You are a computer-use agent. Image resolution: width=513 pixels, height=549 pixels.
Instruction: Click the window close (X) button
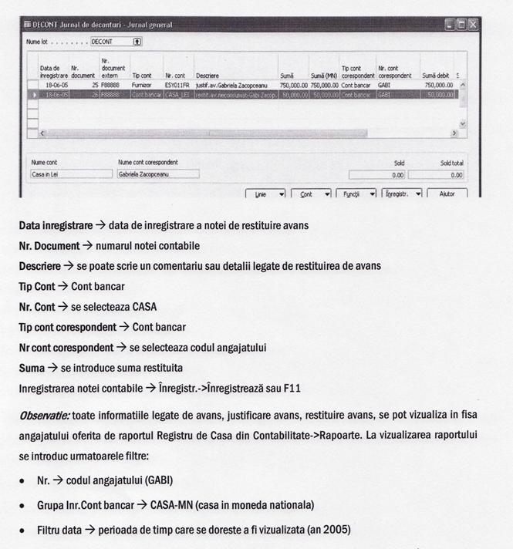coord(472,25)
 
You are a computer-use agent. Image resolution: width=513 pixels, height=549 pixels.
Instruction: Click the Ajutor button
coord(447,194)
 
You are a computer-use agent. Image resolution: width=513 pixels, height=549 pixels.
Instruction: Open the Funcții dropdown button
coord(356,194)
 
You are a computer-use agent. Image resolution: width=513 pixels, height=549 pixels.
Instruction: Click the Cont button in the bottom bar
coord(312,194)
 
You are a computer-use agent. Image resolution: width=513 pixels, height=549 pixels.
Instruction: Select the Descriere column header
coord(208,76)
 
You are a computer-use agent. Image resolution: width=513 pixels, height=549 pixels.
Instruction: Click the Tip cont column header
coord(141,76)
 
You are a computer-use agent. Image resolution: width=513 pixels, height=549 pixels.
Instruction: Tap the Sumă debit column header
coord(437,76)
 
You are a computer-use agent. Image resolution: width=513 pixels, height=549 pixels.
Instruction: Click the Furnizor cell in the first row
coord(143,85)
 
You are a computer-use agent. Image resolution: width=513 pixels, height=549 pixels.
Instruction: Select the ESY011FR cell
coord(177,85)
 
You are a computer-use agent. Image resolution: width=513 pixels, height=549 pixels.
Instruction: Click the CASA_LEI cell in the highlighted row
coord(177,94)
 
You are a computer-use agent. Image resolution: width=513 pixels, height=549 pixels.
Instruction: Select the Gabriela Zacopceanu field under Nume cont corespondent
coord(157,174)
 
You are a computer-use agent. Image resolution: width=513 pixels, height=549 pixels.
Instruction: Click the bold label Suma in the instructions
coord(32,367)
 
